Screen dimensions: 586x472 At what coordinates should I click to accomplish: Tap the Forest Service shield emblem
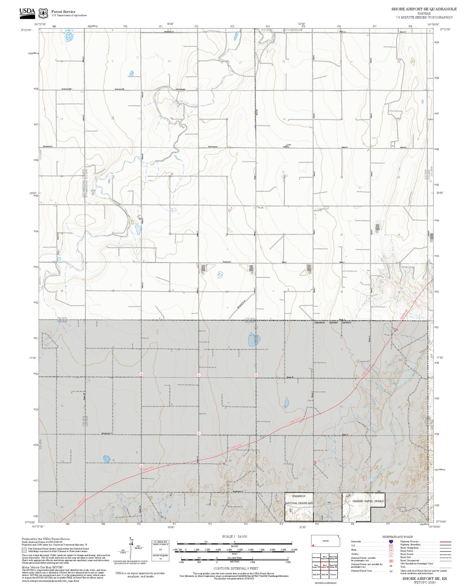43,13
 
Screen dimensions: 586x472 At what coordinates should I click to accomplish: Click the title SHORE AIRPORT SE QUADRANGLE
424,9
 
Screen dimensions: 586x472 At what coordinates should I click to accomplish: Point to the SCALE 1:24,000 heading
235,536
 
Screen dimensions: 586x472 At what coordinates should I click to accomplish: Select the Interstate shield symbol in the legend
391,542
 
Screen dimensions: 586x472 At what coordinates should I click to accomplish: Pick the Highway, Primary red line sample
445,542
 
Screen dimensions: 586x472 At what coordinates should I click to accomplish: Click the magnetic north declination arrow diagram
131,548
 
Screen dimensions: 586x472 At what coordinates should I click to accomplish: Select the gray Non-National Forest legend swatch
24,550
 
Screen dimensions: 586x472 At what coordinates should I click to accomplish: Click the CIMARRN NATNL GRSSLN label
367,500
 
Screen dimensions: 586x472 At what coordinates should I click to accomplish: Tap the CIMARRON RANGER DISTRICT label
333,322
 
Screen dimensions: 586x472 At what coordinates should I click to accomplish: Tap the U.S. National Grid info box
160,551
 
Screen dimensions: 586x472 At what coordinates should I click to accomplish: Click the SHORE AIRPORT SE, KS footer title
424,578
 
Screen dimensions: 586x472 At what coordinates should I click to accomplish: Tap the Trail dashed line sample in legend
445,568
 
